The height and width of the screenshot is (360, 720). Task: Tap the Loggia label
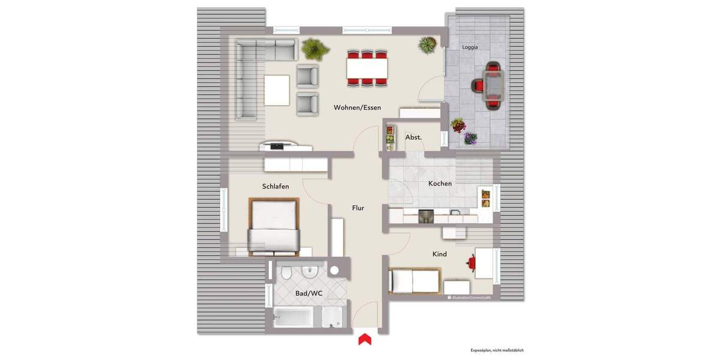click(x=470, y=47)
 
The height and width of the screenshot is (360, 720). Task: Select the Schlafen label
click(x=275, y=187)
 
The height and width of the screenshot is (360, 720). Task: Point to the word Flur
click(x=358, y=208)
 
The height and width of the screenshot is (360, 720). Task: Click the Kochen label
click(x=440, y=184)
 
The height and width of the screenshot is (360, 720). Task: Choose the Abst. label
click(x=413, y=137)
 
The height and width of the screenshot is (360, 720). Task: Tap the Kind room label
click(x=440, y=254)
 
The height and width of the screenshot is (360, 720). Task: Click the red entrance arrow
click(x=364, y=340)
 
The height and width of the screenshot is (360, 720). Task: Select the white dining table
click(x=367, y=67)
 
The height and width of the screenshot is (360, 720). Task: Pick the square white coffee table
click(x=277, y=89)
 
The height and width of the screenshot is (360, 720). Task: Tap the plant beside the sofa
click(x=313, y=47)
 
